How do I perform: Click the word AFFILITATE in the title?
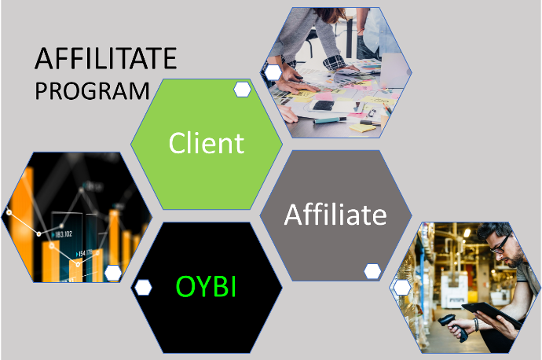tap(106, 58)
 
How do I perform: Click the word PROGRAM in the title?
tap(92, 91)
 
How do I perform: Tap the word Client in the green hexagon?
tap(207, 143)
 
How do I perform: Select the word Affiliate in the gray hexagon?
tap(335, 215)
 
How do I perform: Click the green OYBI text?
tap(206, 286)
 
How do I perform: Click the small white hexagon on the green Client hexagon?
tap(242, 90)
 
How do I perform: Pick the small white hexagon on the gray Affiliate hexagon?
tap(372, 271)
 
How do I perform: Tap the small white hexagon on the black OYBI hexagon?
tap(143, 288)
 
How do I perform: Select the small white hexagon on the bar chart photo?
tap(113, 274)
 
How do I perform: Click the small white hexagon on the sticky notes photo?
tap(273, 72)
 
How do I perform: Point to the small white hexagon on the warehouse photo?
tap(402, 288)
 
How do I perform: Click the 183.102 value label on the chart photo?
tap(63, 234)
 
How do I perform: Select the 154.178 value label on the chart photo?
tap(84, 254)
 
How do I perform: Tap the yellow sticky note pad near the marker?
tap(362, 128)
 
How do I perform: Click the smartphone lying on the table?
tap(323, 105)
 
